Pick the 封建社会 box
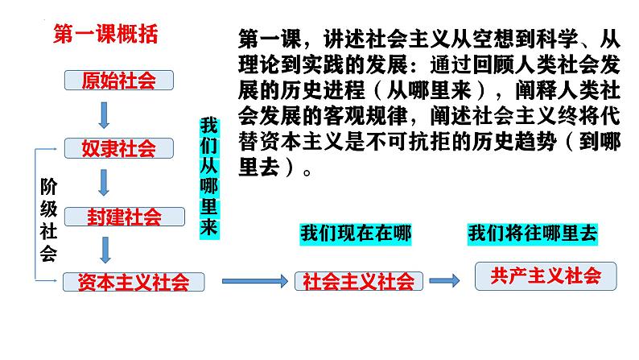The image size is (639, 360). [123, 217]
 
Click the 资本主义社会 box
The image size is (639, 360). [133, 282]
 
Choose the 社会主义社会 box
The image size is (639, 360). [358, 281]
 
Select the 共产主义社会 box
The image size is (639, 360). [546, 276]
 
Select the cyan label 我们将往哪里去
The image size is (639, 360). [532, 234]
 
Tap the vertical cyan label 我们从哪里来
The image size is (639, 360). [209, 177]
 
